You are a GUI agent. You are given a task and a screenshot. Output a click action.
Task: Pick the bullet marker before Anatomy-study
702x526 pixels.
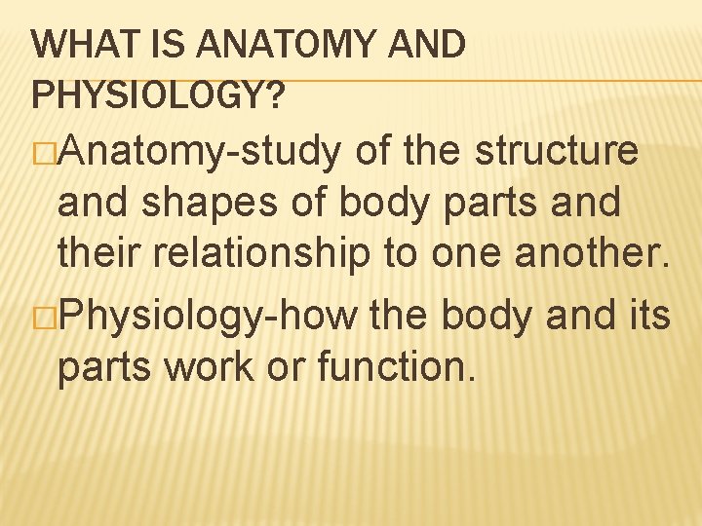pos(43,153)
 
